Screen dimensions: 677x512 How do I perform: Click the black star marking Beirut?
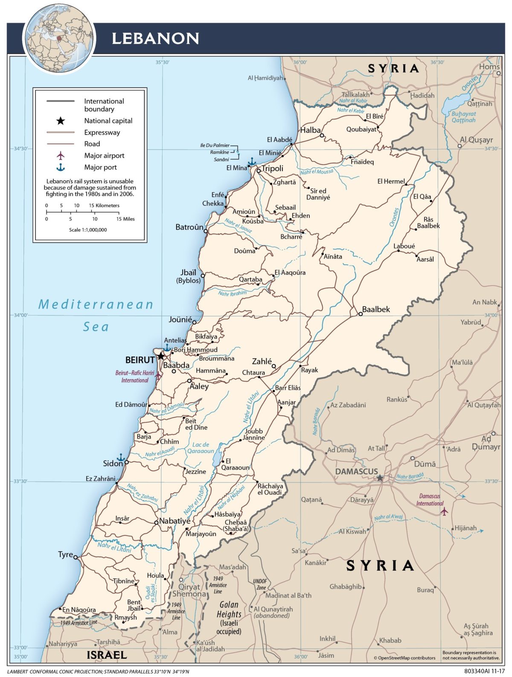coord(160,356)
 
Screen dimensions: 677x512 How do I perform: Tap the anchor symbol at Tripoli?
coord(252,162)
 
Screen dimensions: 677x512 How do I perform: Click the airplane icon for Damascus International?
coord(445,511)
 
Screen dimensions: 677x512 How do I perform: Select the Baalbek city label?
coord(376,309)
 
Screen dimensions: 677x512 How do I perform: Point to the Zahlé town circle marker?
coord(274,366)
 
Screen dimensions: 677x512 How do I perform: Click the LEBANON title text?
coord(155,38)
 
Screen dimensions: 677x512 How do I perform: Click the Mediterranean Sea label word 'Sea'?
coord(96,327)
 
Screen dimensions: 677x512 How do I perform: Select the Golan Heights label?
coord(229,610)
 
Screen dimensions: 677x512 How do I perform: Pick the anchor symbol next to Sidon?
coord(121,457)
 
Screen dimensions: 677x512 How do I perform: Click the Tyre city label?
coord(65,554)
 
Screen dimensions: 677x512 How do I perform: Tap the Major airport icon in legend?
coord(61,155)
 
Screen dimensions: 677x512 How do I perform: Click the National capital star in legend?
coord(61,121)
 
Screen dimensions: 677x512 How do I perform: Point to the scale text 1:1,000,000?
coord(88,230)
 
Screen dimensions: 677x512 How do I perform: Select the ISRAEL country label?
coord(107,655)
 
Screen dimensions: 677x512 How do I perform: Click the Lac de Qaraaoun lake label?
coord(201,448)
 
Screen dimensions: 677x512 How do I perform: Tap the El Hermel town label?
coord(391,181)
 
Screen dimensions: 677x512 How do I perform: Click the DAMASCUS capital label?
coord(356,471)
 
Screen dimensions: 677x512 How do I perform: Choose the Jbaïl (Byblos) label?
coord(188,276)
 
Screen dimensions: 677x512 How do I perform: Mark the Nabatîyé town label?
coord(175,521)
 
